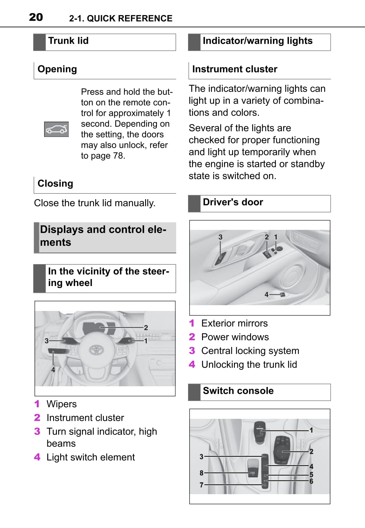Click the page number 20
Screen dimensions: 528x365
click(x=36, y=17)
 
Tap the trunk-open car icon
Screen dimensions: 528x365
click(x=56, y=129)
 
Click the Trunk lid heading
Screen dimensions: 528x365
click(x=68, y=41)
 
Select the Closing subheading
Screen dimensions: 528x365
click(x=55, y=184)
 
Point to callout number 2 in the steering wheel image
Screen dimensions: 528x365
click(x=146, y=328)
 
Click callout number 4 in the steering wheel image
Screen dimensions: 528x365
click(x=53, y=370)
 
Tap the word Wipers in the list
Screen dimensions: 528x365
click(x=62, y=404)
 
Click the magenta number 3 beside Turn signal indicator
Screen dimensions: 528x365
click(x=37, y=432)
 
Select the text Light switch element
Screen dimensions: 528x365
click(x=90, y=457)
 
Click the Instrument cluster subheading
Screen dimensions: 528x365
click(x=235, y=69)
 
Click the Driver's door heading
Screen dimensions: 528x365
click(x=233, y=202)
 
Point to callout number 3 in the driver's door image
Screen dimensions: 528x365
click(x=220, y=237)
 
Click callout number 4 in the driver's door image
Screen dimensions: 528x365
click(x=266, y=295)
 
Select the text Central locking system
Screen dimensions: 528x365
click(x=250, y=351)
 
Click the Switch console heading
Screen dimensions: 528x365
click(x=238, y=391)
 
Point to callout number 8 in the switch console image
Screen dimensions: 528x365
click(x=201, y=473)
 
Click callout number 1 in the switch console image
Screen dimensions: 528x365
click(x=311, y=430)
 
